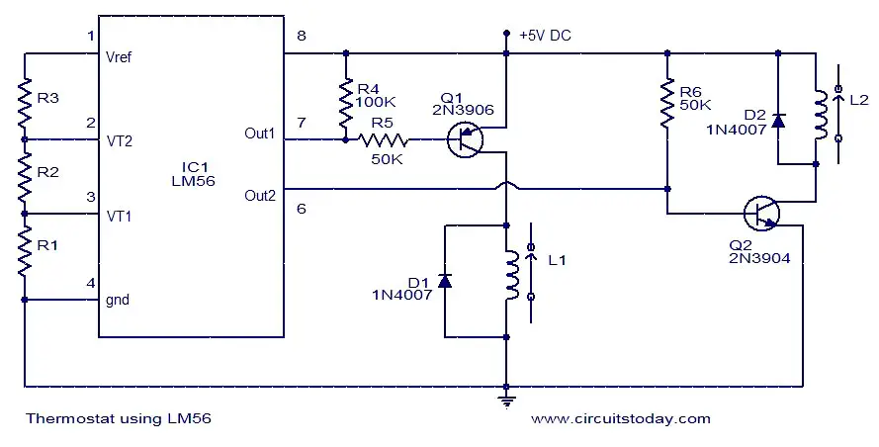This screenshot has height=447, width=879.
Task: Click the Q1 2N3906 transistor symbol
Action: point(465,139)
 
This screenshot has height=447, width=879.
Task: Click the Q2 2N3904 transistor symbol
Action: point(761,214)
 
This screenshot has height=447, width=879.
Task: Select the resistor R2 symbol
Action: point(25,177)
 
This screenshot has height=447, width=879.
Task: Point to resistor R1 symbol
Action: point(25,251)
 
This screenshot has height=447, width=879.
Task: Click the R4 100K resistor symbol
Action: point(346,105)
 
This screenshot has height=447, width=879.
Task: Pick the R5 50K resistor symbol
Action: point(383,139)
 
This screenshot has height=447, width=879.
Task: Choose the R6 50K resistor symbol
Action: point(667,104)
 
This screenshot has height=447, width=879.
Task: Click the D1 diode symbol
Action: point(445,281)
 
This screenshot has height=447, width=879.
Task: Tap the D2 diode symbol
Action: point(777,120)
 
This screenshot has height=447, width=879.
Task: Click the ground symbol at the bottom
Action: point(506,402)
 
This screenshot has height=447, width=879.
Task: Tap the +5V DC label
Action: point(545,36)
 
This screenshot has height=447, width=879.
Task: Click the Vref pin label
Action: point(119,57)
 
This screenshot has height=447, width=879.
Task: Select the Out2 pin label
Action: point(260,196)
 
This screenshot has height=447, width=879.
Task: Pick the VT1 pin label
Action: point(119,216)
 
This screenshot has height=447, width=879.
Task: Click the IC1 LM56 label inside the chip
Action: point(194,174)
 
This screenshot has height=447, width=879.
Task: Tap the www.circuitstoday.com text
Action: point(621,419)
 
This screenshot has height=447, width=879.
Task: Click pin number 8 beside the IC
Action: point(302,36)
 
